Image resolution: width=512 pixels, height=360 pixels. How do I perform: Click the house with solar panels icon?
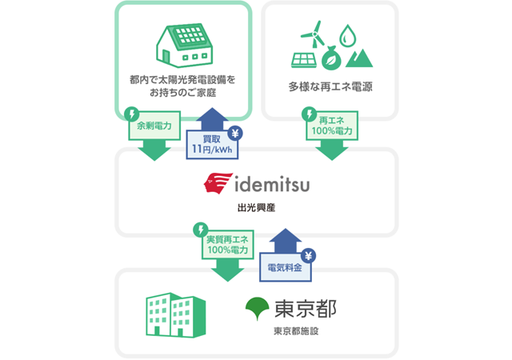pyautogui.click(x=184, y=44)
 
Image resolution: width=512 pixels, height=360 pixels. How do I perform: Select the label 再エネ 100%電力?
pyautogui.click(x=330, y=126)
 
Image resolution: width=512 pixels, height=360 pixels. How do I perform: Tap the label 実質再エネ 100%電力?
pyautogui.click(x=227, y=246)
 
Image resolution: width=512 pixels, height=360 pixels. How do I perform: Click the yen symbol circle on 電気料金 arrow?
pyautogui.click(x=309, y=255)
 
